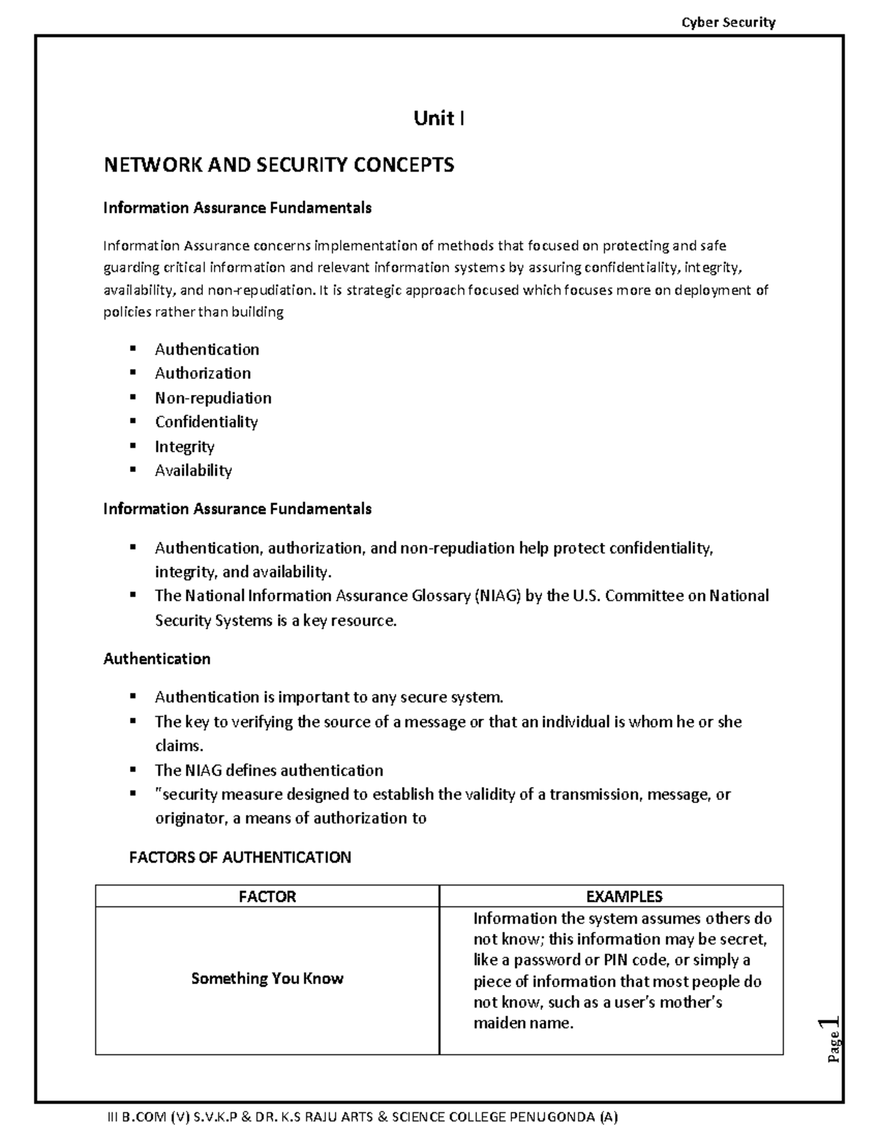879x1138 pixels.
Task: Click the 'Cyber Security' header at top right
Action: [x=728, y=22]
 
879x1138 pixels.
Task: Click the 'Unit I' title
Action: [x=439, y=118]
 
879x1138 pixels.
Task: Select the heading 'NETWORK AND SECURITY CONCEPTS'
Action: [x=279, y=165]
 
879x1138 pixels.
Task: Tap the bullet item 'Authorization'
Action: [x=203, y=374]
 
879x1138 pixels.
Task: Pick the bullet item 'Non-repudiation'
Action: [x=213, y=398]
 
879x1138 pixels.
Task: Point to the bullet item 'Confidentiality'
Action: [x=207, y=422]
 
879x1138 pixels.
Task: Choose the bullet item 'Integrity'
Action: [x=185, y=446]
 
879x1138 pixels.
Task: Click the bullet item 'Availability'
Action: [x=193, y=470]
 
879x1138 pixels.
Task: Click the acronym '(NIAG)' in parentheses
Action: [x=498, y=596]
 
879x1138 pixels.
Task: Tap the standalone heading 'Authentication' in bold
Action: [x=157, y=659]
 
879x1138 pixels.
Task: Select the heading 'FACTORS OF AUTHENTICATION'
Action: [x=240, y=857]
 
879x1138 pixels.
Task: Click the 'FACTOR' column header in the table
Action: [x=267, y=896]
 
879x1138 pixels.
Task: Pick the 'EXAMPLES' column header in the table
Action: [x=624, y=896]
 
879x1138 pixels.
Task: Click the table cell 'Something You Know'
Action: [x=267, y=979]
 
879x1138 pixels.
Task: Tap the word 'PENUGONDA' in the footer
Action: [x=559, y=1117]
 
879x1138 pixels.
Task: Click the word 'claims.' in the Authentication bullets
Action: [x=179, y=746]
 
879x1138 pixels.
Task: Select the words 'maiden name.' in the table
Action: [x=523, y=1023]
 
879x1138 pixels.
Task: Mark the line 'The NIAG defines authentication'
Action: [x=269, y=770]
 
